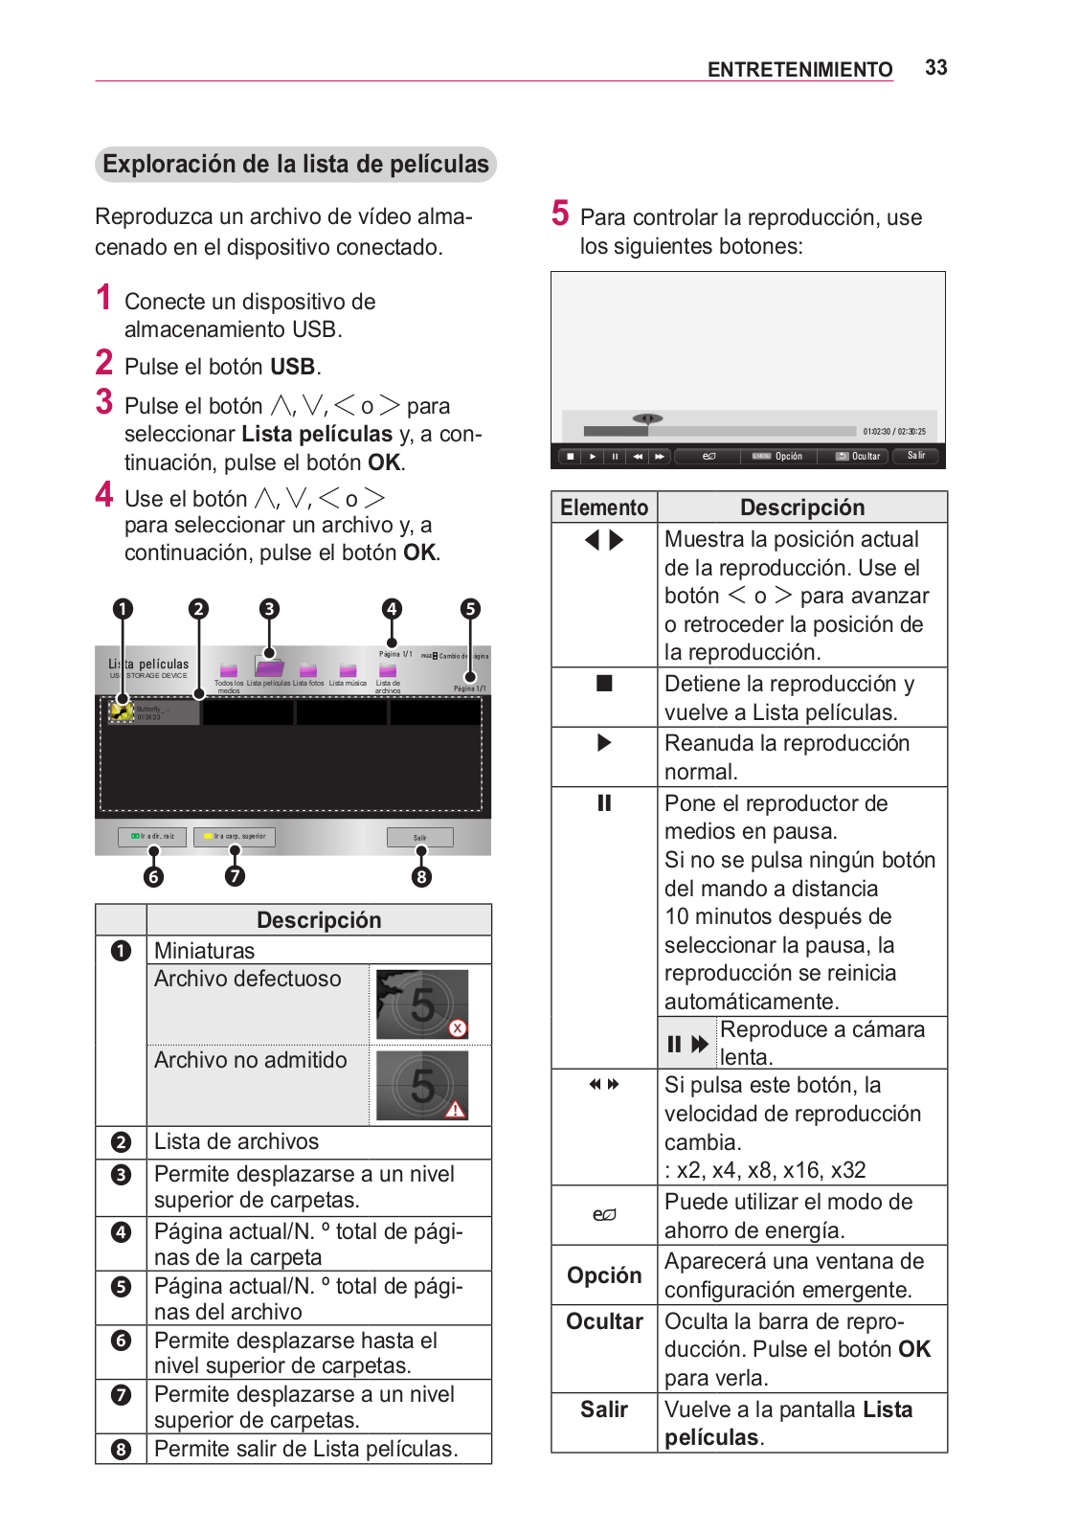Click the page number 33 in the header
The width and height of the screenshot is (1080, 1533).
(x=935, y=68)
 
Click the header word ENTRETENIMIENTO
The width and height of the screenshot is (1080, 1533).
(x=799, y=70)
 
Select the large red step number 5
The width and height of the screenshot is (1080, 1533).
(x=560, y=214)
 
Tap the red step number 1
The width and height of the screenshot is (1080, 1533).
(x=104, y=298)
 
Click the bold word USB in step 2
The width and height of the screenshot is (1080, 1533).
(x=292, y=367)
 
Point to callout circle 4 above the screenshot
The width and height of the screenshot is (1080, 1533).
(x=391, y=609)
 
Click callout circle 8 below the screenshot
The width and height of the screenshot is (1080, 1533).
(x=421, y=876)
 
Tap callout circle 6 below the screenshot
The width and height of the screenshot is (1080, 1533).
(x=153, y=876)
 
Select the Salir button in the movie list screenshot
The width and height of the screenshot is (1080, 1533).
(x=419, y=838)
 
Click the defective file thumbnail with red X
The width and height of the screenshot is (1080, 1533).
(x=422, y=1004)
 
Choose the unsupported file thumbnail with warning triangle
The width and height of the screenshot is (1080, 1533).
(x=422, y=1085)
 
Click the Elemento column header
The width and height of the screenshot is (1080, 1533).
(x=604, y=507)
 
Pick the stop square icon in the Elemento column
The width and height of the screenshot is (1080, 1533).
(x=604, y=684)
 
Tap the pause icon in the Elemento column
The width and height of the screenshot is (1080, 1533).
(x=604, y=802)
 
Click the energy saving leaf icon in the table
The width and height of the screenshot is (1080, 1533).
(x=604, y=1215)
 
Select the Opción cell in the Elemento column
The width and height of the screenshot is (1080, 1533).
(x=604, y=1275)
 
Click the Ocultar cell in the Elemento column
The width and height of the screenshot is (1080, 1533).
(x=604, y=1321)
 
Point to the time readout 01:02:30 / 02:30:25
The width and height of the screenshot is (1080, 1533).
(x=894, y=432)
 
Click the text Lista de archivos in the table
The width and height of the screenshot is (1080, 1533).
(x=236, y=1141)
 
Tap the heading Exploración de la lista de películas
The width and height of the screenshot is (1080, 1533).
(x=296, y=165)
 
